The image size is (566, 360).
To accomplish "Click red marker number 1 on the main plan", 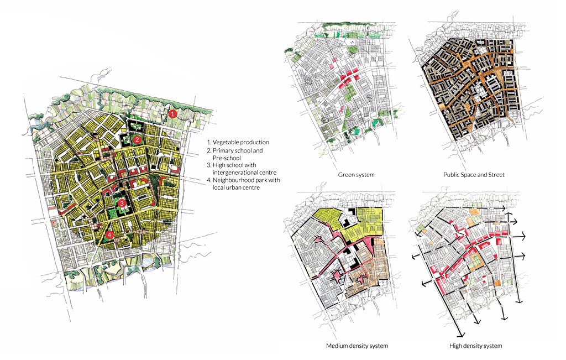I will tap(172, 114).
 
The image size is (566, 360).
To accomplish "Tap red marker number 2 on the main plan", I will tap(137, 140).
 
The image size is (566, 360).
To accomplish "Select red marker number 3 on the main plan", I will tap(121, 203).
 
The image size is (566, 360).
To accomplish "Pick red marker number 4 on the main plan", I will tap(109, 234).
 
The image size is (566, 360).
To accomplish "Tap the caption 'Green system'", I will tap(356, 175).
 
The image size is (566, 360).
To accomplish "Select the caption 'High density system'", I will tap(476, 346).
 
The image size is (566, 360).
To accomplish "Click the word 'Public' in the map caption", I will tap(453, 175).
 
